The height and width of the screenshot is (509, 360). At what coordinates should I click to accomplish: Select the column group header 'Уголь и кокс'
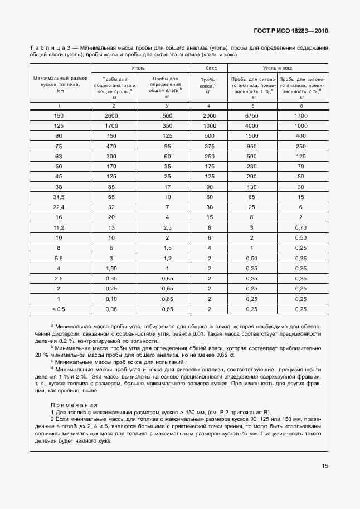point(278,67)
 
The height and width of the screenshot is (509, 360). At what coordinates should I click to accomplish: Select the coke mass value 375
point(209,146)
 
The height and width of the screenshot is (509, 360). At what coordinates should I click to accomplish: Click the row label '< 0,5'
point(59,309)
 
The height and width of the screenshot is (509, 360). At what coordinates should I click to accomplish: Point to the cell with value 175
point(209,167)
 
